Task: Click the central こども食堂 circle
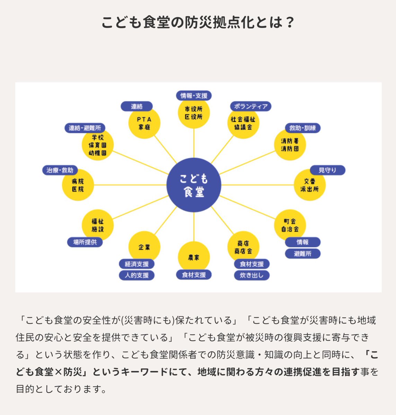(194, 185)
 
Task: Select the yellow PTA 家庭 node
(144, 123)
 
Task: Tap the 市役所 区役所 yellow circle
(194, 113)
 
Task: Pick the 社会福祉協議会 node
(243, 123)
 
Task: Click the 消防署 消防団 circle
(290, 145)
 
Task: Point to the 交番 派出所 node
(309, 185)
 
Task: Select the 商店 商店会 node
(243, 247)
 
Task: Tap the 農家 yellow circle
(194, 257)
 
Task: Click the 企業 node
(144, 247)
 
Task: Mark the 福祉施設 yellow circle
(98, 225)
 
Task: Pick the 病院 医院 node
(78, 185)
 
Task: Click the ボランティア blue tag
(251, 106)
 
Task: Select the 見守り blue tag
(327, 170)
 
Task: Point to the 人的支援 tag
(137, 275)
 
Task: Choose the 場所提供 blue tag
(85, 242)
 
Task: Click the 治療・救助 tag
(60, 170)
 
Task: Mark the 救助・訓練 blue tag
(303, 128)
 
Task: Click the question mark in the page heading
(290, 23)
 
